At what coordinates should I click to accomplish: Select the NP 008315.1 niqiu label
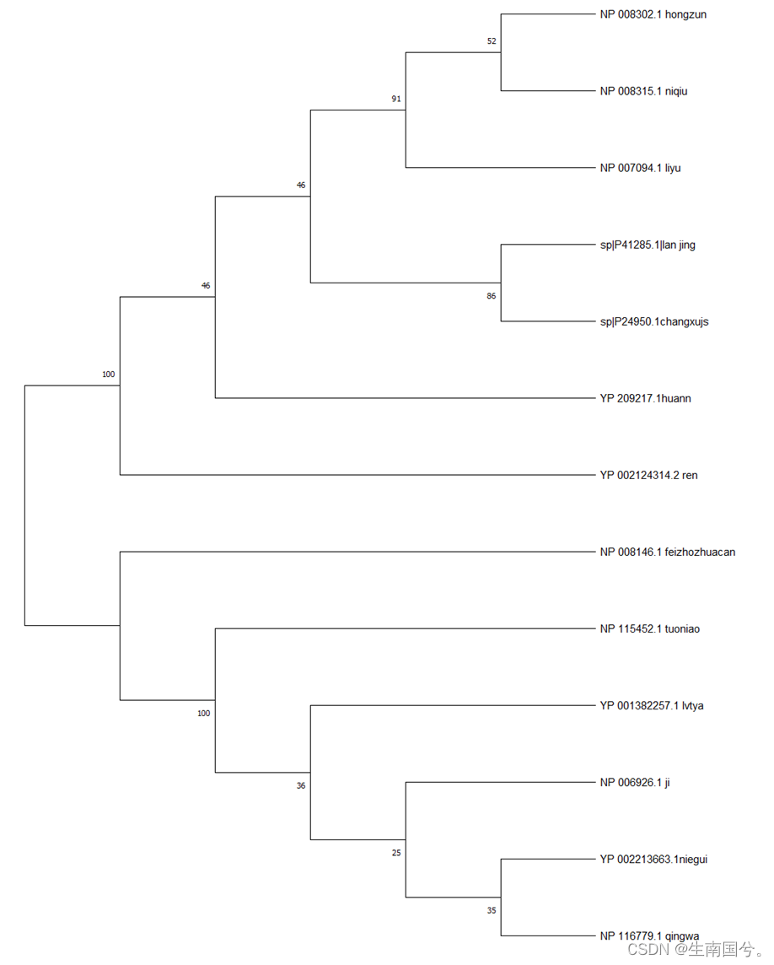pos(643,91)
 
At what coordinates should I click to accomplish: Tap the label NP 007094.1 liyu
pos(640,168)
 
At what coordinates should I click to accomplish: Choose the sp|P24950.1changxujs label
pos(653,321)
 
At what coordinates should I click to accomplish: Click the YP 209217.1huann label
pos(645,398)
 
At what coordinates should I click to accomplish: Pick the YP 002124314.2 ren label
pos(648,475)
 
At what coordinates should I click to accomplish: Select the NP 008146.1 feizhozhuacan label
pos(667,553)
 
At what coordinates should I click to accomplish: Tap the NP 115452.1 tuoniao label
pos(649,628)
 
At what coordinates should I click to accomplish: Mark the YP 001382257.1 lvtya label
pos(651,705)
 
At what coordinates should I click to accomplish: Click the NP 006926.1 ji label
pos(634,783)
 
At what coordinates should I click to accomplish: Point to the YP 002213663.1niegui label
pos(653,860)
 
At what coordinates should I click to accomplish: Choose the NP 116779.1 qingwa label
pos(649,935)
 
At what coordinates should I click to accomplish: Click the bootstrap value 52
pos(492,41)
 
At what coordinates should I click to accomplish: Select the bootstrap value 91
pos(396,99)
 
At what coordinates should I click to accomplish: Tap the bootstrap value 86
pos(492,296)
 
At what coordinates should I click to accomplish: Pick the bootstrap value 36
pos(301,786)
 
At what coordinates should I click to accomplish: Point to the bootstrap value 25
pos(396,853)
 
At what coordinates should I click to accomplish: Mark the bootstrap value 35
pos(492,910)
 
